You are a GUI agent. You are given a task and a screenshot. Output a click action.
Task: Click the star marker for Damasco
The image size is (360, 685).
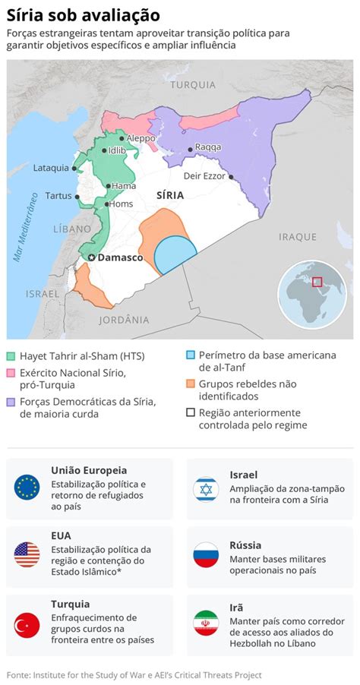point(92,258)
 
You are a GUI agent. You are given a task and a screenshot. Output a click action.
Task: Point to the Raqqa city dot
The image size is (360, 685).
point(190,147)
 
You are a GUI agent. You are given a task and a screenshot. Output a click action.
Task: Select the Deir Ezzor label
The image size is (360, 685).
point(204,175)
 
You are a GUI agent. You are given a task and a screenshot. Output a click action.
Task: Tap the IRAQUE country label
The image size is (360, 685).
point(297,236)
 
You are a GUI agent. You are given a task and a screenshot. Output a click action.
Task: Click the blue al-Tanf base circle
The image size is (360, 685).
point(175,254)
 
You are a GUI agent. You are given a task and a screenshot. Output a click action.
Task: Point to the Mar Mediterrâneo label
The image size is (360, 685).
point(26,226)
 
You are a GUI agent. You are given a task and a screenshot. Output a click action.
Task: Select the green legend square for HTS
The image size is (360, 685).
point(11,355)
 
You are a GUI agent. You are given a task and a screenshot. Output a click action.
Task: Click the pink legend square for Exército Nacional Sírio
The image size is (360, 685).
point(11,373)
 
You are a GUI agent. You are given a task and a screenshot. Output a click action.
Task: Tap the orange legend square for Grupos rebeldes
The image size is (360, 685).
point(191,384)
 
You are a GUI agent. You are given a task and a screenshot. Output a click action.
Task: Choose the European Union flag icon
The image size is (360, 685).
point(27,486)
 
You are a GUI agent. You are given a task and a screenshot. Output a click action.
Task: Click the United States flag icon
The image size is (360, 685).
point(27,554)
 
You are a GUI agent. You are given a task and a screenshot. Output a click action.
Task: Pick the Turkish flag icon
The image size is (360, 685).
point(27,625)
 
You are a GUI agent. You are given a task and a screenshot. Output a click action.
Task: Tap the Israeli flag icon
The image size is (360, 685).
point(206,489)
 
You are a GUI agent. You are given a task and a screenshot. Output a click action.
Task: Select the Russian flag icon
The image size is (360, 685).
point(206,554)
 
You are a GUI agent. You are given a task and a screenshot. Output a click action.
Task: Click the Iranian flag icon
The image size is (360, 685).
point(206,623)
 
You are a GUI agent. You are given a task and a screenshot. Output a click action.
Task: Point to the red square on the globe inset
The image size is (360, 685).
point(317,282)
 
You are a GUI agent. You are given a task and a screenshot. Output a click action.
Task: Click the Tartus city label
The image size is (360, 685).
point(58,195)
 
